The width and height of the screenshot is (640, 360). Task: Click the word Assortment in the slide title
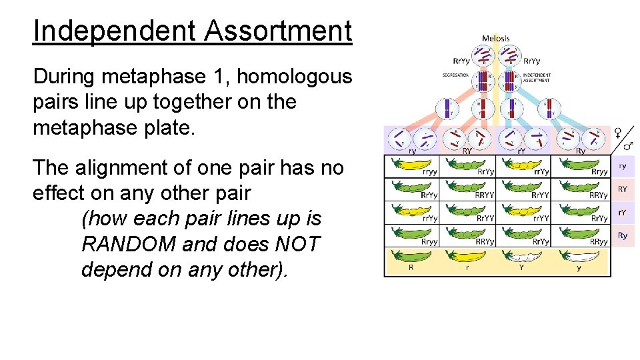[278, 31]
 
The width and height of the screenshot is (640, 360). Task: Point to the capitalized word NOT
[296, 244]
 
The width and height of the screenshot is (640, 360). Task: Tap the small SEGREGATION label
[456, 75]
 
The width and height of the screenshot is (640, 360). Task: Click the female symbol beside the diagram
[619, 133]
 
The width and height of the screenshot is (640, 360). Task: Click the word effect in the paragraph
[61, 193]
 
